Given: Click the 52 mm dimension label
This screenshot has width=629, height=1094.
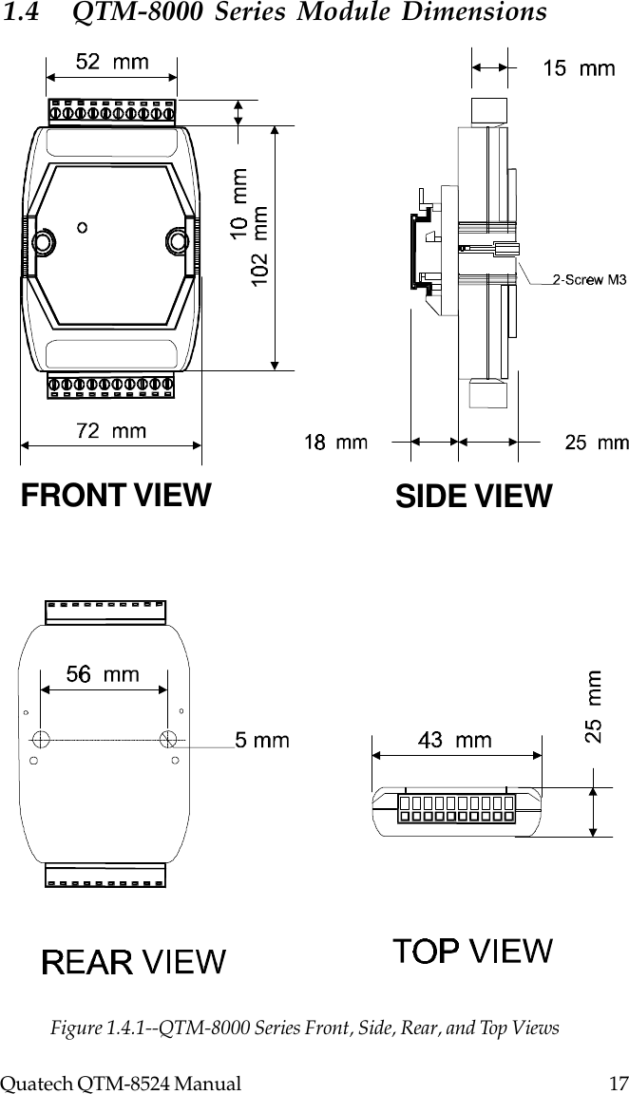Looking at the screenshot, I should (x=111, y=62).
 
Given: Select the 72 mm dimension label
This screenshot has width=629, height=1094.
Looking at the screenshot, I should (x=111, y=431).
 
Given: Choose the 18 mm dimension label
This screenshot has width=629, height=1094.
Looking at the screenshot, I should (x=336, y=442).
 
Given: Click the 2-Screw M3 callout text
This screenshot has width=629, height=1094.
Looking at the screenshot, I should (x=589, y=279).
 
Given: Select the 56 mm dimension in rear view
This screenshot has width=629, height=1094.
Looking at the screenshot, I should (x=103, y=674).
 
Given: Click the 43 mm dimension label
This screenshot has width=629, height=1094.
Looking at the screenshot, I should (x=455, y=740).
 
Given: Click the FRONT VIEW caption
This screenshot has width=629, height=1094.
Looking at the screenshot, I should (x=116, y=495).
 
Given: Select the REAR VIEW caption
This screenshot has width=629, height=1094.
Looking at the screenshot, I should (x=134, y=962).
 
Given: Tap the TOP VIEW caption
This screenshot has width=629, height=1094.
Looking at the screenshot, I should (x=473, y=949).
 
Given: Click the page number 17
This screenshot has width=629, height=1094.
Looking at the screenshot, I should (x=612, y=1082).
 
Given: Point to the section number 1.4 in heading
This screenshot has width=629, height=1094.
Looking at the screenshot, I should (x=20, y=13).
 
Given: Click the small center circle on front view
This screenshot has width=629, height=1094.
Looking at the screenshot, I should (x=84, y=227).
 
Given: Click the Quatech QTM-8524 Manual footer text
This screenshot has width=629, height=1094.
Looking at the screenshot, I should (x=120, y=1082).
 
